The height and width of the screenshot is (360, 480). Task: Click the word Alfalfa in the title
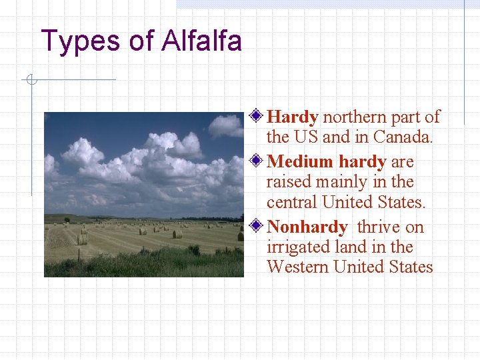click(x=201, y=41)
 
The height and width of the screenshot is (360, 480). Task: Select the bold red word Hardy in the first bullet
click(x=292, y=117)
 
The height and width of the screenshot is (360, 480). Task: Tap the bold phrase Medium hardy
click(x=327, y=162)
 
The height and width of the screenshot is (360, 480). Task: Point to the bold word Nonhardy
click(x=307, y=227)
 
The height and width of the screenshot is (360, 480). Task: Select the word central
click(x=291, y=202)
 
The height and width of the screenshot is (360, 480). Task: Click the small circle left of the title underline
click(x=30, y=81)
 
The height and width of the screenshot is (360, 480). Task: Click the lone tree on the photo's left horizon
click(x=67, y=219)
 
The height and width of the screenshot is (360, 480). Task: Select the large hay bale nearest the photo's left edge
click(x=82, y=239)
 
